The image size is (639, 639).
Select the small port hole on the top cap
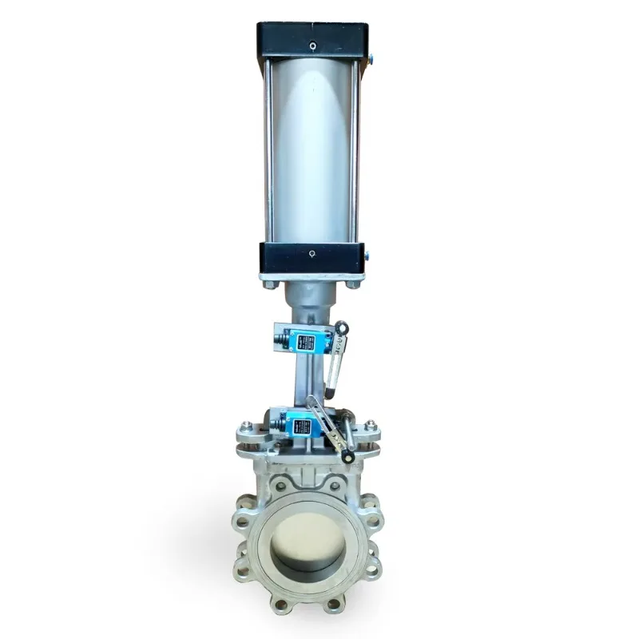coord(312,44)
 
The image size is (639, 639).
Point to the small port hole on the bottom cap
coord(312,255)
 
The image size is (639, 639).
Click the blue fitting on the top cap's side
coord(369,58)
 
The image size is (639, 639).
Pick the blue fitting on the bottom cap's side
coord(368,256)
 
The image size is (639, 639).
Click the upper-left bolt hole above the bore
coord(280,485)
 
